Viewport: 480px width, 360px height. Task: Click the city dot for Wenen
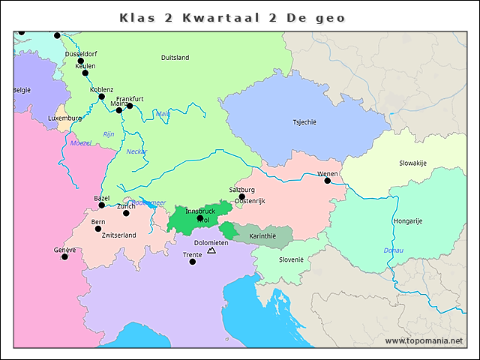pos(327,181)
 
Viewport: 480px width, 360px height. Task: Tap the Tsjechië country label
pos(304,122)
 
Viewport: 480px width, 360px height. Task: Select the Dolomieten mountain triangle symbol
pos(211,250)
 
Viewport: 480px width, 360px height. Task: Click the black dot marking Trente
pos(193,262)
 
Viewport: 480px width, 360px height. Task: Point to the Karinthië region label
pos(262,235)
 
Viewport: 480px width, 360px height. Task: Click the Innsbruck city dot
pos(200,218)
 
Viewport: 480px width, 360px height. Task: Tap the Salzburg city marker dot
pos(241,197)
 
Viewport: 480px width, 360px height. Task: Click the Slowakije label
pos(412,163)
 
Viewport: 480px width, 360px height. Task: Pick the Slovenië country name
pos(291,259)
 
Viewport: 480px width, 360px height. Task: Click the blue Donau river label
pos(393,250)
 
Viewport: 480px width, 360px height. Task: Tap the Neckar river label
pos(136,151)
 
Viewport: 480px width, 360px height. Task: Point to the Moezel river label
pos(79,142)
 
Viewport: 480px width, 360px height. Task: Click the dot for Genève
pos(64,257)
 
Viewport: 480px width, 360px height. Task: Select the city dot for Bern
pos(97,229)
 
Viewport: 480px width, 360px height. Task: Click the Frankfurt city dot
pos(130,106)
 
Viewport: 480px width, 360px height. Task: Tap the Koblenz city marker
pos(102,96)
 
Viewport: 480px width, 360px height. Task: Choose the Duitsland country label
pos(175,58)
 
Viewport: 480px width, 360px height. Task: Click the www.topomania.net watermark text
pos(424,340)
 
